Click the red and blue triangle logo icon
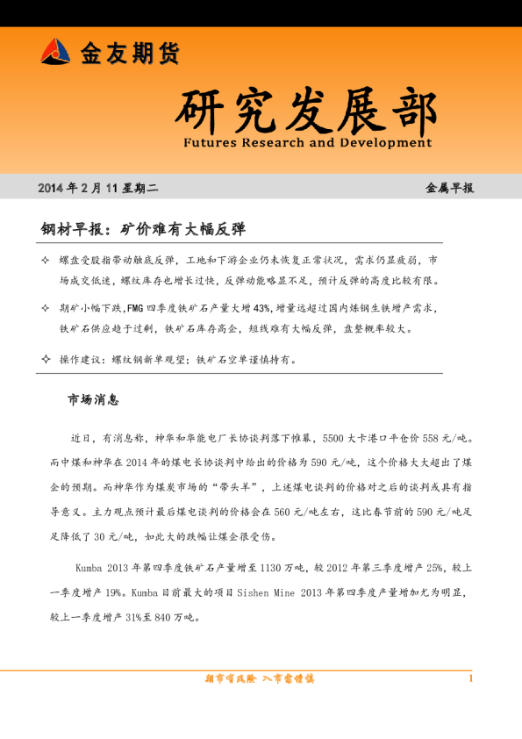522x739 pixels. point(55,52)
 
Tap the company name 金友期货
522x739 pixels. point(130,54)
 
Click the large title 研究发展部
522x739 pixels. point(304,111)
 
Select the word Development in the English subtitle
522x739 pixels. point(385,142)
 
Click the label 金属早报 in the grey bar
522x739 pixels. point(449,188)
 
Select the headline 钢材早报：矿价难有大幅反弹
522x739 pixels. point(143,229)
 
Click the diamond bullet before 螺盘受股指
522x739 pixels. point(46,262)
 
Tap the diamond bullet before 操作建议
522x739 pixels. point(46,359)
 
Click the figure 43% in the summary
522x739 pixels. point(261,309)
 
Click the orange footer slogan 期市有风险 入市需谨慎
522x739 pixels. point(260,678)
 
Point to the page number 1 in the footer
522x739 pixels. point(471,678)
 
